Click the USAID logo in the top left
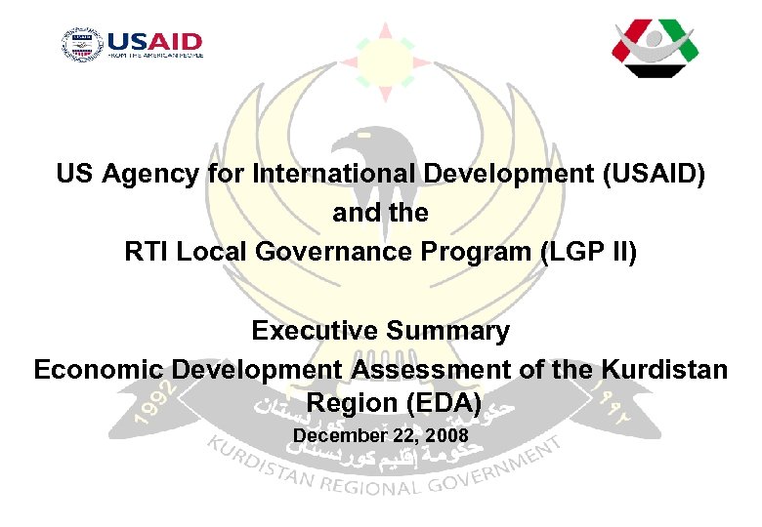pyautogui.click(x=132, y=45)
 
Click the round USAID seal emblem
pyautogui.click(x=81, y=45)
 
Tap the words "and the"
pyautogui.click(x=380, y=213)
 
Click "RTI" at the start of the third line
pyautogui.click(x=145, y=251)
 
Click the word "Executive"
pyautogui.click(x=309, y=331)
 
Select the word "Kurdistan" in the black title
pyautogui.click(x=664, y=370)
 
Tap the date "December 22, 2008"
pyautogui.click(x=380, y=434)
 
